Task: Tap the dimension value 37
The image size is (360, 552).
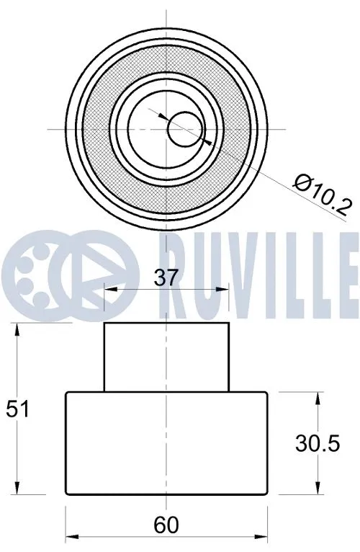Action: pyautogui.click(x=166, y=277)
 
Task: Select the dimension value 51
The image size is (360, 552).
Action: pyautogui.click(x=17, y=409)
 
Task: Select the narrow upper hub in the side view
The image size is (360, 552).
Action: pyautogui.click(x=166, y=357)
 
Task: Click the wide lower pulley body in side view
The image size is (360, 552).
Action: pyautogui.click(x=166, y=443)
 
